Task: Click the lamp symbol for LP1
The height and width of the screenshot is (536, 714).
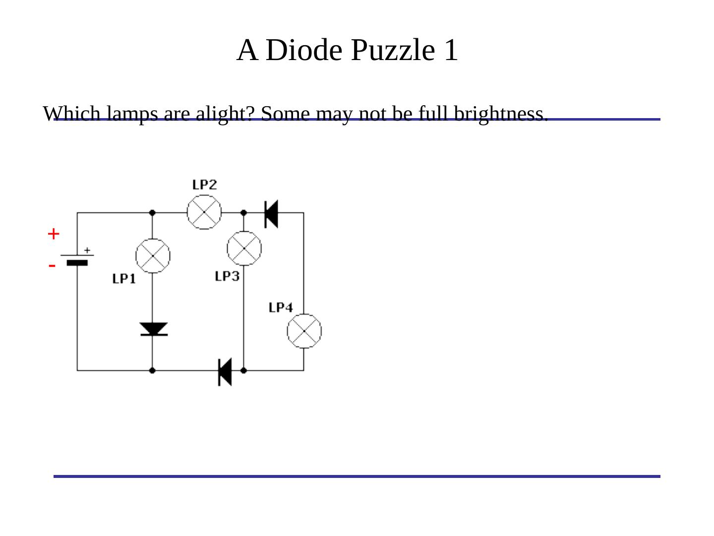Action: pyautogui.click(x=153, y=256)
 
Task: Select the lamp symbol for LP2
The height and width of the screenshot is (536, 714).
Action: pyautogui.click(x=204, y=212)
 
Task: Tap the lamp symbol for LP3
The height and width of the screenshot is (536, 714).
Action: pyautogui.click(x=244, y=248)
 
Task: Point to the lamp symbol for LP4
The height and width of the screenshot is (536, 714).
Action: pyautogui.click(x=304, y=331)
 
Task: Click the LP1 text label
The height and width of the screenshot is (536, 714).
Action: pyautogui.click(x=124, y=278)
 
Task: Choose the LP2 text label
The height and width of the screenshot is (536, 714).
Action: pyautogui.click(x=204, y=185)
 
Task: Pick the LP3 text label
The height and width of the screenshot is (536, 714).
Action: pyautogui.click(x=228, y=276)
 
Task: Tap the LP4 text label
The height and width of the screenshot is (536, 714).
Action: pyautogui.click(x=281, y=307)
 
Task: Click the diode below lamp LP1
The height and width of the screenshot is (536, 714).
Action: pyautogui.click(x=153, y=329)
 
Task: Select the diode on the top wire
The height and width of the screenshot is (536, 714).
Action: pyautogui.click(x=271, y=213)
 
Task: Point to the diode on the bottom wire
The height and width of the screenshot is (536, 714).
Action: pyautogui.click(x=225, y=371)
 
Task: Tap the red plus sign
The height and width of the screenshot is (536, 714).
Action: pyautogui.click(x=54, y=234)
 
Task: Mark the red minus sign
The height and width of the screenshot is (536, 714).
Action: pyautogui.click(x=52, y=266)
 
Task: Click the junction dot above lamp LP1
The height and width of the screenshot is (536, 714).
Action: pyautogui.click(x=152, y=213)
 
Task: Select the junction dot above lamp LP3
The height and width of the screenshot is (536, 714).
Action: pyautogui.click(x=243, y=213)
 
